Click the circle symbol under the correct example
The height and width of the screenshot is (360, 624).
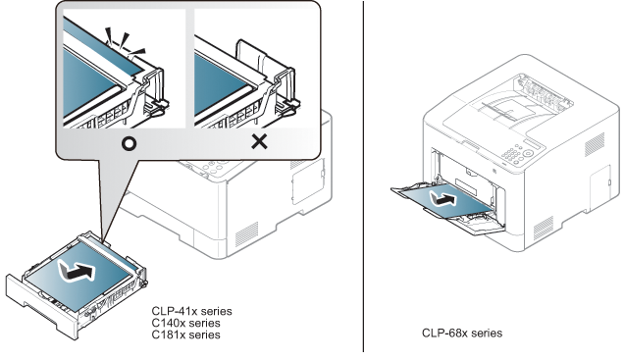(x=129, y=143)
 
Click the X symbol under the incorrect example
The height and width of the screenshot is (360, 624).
(x=259, y=141)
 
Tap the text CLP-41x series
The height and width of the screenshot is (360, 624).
(x=191, y=311)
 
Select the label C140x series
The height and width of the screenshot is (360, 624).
(x=185, y=323)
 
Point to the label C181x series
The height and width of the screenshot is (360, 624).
(x=185, y=334)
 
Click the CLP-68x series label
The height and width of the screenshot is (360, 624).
(x=462, y=333)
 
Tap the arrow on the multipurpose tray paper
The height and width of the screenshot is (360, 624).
(x=442, y=198)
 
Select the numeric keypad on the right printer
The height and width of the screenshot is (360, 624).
(x=512, y=154)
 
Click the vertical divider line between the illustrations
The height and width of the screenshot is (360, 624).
(x=363, y=176)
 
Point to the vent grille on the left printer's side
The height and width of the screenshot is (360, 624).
(x=246, y=234)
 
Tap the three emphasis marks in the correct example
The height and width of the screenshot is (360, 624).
(x=125, y=42)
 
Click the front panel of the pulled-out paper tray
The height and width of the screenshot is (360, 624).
(x=41, y=305)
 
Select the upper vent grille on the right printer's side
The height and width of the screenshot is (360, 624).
(x=595, y=144)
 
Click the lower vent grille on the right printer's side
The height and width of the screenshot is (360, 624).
(x=543, y=229)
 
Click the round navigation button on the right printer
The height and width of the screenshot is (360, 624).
(x=528, y=153)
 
